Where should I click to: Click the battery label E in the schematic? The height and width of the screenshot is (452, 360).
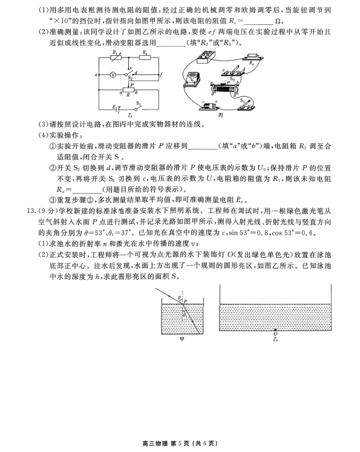coord(113,107)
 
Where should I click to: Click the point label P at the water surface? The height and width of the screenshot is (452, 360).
coord(186,300)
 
